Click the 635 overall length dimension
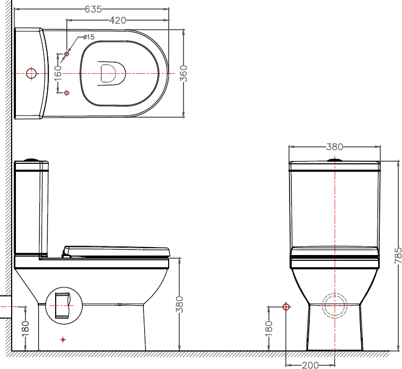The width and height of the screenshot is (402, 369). click(93, 9)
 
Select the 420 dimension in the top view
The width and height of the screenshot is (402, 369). click(118, 20)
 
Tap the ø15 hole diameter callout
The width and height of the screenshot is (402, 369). click(89, 37)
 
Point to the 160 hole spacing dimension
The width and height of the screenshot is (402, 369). click(58, 73)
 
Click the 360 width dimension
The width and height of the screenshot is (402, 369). click(183, 74)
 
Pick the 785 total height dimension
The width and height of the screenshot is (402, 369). click(398, 256)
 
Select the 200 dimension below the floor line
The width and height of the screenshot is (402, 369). click(310, 365)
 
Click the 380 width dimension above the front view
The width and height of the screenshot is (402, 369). click(335, 147)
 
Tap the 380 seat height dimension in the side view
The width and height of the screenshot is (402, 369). click(180, 304)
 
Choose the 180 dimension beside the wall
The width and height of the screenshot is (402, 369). click(25, 328)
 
